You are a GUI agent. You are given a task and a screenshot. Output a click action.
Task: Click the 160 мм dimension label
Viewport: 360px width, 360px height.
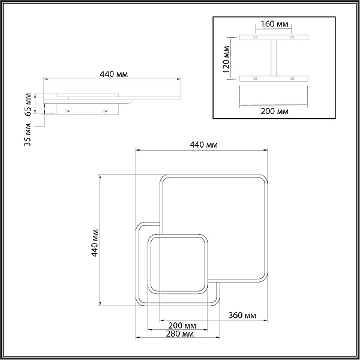(274, 24)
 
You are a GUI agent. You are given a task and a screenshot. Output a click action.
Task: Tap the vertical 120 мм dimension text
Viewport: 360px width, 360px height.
(226, 59)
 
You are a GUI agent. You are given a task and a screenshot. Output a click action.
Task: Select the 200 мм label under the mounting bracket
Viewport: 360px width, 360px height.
(274, 112)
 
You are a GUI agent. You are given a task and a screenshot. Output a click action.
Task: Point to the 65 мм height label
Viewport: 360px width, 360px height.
(28, 104)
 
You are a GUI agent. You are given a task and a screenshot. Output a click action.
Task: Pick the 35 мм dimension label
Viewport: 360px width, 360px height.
(28, 134)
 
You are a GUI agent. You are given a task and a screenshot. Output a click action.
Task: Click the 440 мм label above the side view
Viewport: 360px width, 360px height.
(114, 74)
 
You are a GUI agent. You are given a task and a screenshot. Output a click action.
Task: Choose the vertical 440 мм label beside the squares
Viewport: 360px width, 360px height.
(95, 243)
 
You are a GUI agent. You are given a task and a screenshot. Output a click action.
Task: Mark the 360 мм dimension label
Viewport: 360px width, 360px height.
(242, 316)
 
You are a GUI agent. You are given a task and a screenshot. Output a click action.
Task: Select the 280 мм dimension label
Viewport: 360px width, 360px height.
(180, 334)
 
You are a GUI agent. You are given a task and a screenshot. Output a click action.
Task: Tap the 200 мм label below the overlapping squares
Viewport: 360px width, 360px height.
(182, 326)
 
